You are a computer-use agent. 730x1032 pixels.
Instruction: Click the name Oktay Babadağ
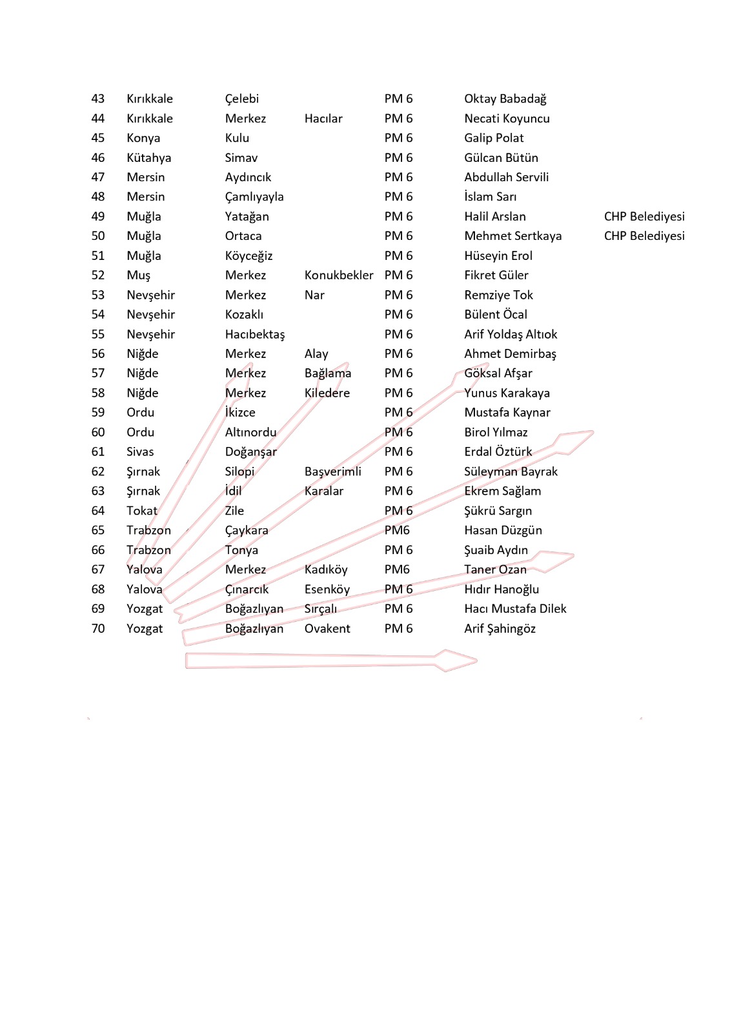tap(505, 99)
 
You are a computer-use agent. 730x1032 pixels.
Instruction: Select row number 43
tap(98, 99)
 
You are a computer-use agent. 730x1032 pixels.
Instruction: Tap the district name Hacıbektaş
tap(254, 334)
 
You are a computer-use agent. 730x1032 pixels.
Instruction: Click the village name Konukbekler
tap(338, 275)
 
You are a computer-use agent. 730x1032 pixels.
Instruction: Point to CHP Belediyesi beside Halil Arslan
tap(644, 217)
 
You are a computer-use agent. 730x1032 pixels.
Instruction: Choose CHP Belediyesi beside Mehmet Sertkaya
tap(644, 236)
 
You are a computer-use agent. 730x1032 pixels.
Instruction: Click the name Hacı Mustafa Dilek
tap(514, 609)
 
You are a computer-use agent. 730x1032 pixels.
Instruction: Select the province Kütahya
tap(148, 158)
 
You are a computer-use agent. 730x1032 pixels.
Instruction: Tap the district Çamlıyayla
tap(254, 197)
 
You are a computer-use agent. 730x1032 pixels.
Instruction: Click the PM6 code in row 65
tap(397, 530)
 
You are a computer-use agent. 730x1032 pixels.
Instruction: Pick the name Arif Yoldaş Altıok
tap(510, 334)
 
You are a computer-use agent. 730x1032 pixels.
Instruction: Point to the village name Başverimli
tap(332, 471)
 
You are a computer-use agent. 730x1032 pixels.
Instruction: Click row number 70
tap(98, 628)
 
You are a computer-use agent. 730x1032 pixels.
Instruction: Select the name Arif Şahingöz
tap(500, 628)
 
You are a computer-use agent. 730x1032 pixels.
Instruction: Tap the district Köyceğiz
tap(248, 256)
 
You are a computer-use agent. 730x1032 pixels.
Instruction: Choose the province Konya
tap(143, 138)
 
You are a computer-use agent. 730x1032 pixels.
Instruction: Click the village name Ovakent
tap(327, 628)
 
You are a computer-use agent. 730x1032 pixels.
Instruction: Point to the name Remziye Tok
tap(498, 295)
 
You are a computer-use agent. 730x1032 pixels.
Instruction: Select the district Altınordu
tap(250, 432)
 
